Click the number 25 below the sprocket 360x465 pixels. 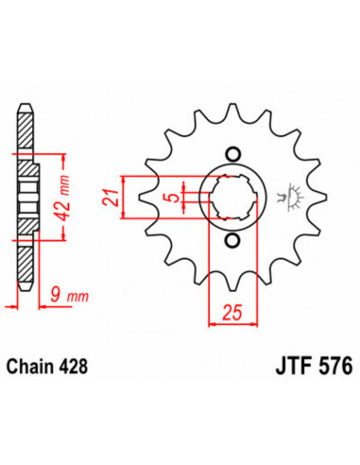click(x=231, y=313)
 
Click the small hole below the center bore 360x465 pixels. click(x=231, y=241)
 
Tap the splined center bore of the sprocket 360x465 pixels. click(x=231, y=198)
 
